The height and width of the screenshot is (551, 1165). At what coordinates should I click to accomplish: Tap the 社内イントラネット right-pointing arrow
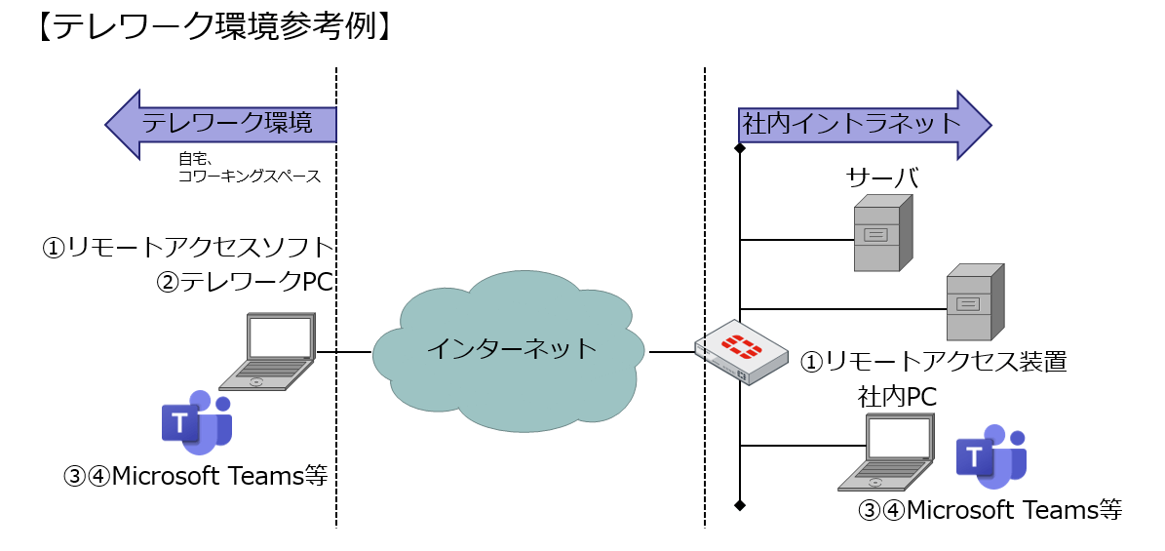click(x=863, y=124)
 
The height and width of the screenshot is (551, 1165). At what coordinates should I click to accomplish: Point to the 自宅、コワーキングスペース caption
click(x=249, y=168)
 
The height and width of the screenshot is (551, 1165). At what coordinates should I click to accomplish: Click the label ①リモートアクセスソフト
click(x=188, y=247)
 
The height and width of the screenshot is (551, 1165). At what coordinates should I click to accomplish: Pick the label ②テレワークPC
click(x=245, y=282)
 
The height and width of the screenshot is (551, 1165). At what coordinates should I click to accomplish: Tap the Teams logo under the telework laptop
click(x=196, y=421)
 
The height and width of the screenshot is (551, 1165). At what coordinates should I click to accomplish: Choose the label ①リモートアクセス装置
click(x=934, y=362)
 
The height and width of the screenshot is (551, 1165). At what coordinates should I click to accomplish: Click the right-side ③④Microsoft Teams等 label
click(x=990, y=509)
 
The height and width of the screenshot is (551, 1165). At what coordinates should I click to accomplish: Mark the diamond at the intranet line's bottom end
click(x=740, y=504)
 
